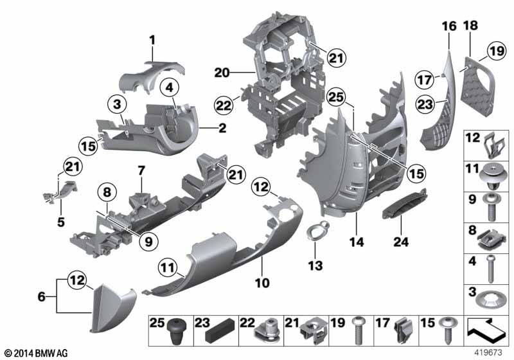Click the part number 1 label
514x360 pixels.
(152, 40)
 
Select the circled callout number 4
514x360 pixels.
(169, 87)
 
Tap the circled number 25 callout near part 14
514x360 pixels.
(336, 97)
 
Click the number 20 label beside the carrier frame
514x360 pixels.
(222, 73)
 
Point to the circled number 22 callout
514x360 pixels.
(224, 105)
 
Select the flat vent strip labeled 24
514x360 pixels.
(405, 204)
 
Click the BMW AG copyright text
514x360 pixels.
(36, 354)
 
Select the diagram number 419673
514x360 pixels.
(488, 353)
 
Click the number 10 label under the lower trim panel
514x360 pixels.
(262, 283)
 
